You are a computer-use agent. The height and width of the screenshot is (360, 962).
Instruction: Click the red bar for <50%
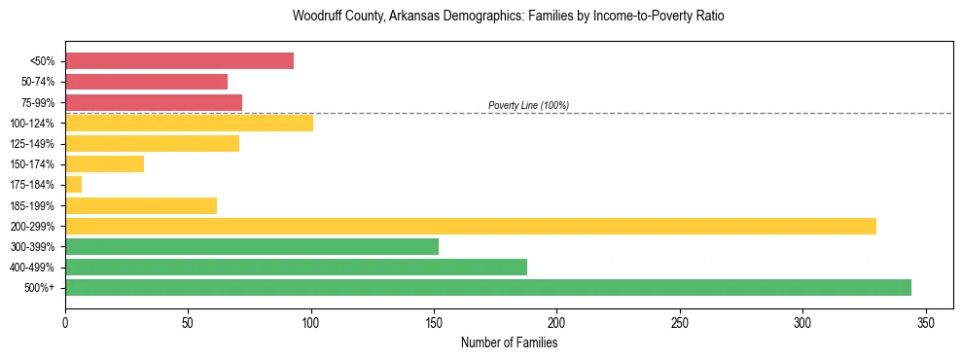pyautogui.click(x=179, y=61)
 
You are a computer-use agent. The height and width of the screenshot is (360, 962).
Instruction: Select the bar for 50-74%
pyautogui.click(x=146, y=82)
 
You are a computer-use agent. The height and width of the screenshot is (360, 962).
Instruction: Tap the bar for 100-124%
pyautogui.click(x=189, y=123)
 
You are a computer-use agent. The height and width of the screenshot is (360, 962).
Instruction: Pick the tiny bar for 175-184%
pyautogui.click(x=74, y=185)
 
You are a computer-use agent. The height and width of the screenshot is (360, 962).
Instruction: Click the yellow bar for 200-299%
pyautogui.click(x=471, y=226)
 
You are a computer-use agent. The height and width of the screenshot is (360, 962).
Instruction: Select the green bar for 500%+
pyautogui.click(x=488, y=288)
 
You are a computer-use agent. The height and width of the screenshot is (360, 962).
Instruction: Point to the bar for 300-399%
pyautogui.click(x=252, y=246)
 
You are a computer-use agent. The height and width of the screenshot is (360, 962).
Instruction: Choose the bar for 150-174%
pyautogui.click(x=105, y=164)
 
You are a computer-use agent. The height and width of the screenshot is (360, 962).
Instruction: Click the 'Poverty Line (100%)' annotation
pyautogui.click(x=528, y=105)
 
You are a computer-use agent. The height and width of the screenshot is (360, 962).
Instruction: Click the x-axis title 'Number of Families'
pyautogui.click(x=509, y=342)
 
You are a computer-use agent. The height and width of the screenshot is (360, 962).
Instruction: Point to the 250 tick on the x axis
pyautogui.click(x=679, y=322)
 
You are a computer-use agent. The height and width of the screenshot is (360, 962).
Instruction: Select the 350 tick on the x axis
pyautogui.click(x=925, y=322)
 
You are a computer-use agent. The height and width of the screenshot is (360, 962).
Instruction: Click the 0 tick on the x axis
pyautogui.click(x=65, y=322)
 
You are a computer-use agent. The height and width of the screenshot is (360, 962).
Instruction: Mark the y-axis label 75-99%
pyautogui.click(x=38, y=102)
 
